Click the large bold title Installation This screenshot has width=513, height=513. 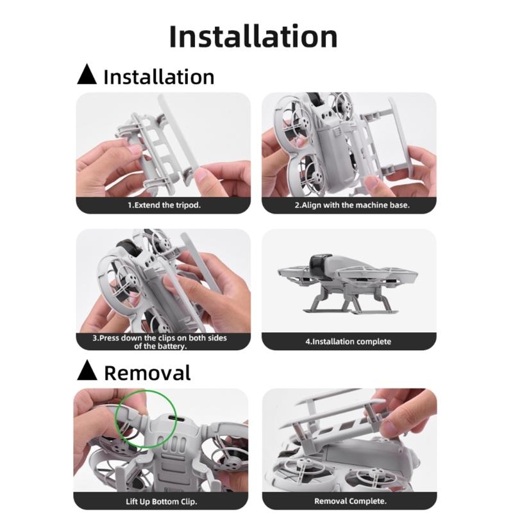pyautogui.click(x=253, y=37)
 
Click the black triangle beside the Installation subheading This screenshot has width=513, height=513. pyautogui.click(x=87, y=76)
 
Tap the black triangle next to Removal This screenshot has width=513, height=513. pyautogui.click(x=87, y=371)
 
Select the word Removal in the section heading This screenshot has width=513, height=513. pyautogui.click(x=147, y=373)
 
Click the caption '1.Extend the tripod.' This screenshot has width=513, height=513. pyautogui.click(x=164, y=205)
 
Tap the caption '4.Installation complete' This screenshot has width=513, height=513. pyautogui.click(x=348, y=342)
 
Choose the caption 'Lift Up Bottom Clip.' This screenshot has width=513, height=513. pyautogui.click(x=162, y=501)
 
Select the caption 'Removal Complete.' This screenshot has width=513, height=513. pyautogui.click(x=350, y=501)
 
